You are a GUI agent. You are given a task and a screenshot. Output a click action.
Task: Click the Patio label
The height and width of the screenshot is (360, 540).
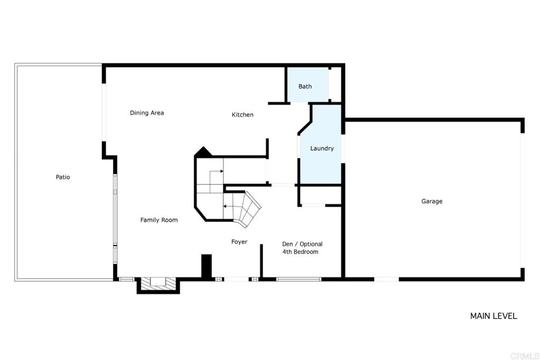pos(63,177)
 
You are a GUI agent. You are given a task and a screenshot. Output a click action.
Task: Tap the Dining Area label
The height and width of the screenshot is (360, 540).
pos(147,113)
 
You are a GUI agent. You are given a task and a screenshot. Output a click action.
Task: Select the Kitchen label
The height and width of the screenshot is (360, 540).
pos(243,114)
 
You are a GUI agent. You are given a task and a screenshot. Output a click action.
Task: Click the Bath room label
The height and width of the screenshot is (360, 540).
pos(305,86)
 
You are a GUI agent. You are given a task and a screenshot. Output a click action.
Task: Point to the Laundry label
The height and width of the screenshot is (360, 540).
pos(322,148)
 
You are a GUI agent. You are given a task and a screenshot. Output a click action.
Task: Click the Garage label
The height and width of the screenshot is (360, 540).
pos(432,201)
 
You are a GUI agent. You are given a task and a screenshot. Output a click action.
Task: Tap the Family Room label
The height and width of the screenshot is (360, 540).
pos(159,220)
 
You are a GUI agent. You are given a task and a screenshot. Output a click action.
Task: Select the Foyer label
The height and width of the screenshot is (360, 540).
pos(239,242)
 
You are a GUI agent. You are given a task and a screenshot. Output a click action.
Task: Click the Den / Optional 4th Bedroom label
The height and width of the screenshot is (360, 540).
pos(302,248)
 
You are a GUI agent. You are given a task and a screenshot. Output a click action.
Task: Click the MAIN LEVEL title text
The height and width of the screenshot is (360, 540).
pos(494,316)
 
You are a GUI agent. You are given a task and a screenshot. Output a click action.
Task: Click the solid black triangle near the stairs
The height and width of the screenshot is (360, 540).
pos(203,152)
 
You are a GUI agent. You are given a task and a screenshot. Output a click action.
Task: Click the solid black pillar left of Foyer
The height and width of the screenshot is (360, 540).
pos(206,266)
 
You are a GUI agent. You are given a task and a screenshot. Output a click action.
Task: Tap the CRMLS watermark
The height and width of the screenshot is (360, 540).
pos(524,356)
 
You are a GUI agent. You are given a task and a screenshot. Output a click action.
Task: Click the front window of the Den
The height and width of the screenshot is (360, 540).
pos(298,279)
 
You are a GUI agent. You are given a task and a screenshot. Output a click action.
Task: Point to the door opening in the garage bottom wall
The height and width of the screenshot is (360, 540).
pos(387,279)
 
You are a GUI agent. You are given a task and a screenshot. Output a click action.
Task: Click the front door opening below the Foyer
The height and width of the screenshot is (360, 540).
pos(236,279)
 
